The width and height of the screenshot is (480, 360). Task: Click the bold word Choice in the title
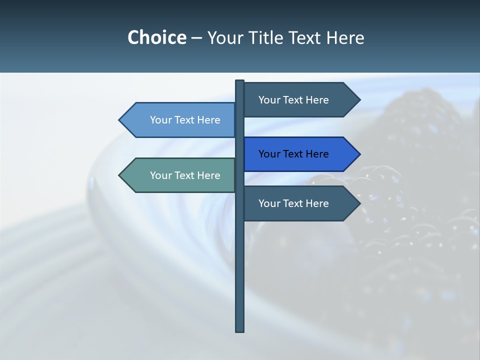pos(156,37)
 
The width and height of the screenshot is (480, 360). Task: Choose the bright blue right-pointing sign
pos(297,154)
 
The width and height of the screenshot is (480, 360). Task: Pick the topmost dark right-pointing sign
pos(297,100)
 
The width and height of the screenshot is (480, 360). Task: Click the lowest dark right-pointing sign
pos(297,203)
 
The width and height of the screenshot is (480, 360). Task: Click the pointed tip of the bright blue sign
pos(359,154)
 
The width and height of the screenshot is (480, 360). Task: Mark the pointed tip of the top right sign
pos(359,100)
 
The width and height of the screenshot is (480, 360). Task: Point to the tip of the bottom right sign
pos(359,203)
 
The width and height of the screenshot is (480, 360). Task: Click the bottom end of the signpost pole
pos(239,330)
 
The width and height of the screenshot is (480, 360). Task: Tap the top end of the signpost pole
pos(239,81)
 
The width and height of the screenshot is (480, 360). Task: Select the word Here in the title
pos(345,37)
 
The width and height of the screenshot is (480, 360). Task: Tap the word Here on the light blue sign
pos(208,120)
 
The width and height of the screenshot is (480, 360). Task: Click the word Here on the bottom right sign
pos(317,203)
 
